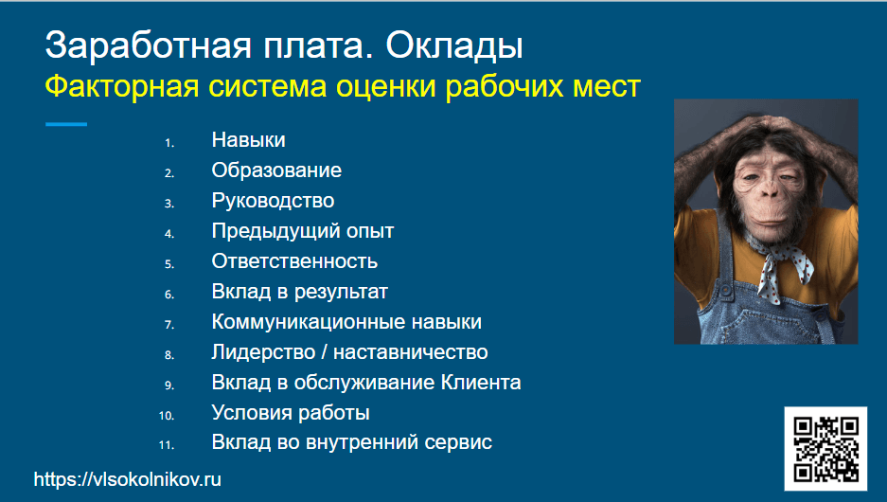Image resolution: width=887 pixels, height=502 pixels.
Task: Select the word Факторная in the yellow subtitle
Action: (121, 87)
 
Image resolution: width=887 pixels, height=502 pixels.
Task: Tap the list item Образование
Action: (276, 170)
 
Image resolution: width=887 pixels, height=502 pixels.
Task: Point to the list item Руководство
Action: (273, 201)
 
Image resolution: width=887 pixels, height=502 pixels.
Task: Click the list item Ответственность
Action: (294, 260)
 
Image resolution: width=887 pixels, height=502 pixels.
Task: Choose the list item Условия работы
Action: (291, 413)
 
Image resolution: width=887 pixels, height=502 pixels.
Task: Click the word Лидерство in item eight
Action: (263, 352)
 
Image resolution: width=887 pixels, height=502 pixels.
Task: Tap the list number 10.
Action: (167, 416)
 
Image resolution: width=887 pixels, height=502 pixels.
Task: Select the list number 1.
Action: (169, 143)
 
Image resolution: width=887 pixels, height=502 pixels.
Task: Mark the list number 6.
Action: (169, 295)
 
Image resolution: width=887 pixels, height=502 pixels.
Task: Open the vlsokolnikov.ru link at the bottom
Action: (127, 479)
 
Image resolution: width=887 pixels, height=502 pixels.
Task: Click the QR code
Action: (825, 448)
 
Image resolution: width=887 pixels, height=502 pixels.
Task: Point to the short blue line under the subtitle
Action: (66, 124)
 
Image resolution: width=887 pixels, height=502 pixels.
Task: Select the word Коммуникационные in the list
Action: (309, 322)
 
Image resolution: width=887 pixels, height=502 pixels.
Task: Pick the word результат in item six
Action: (341, 292)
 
